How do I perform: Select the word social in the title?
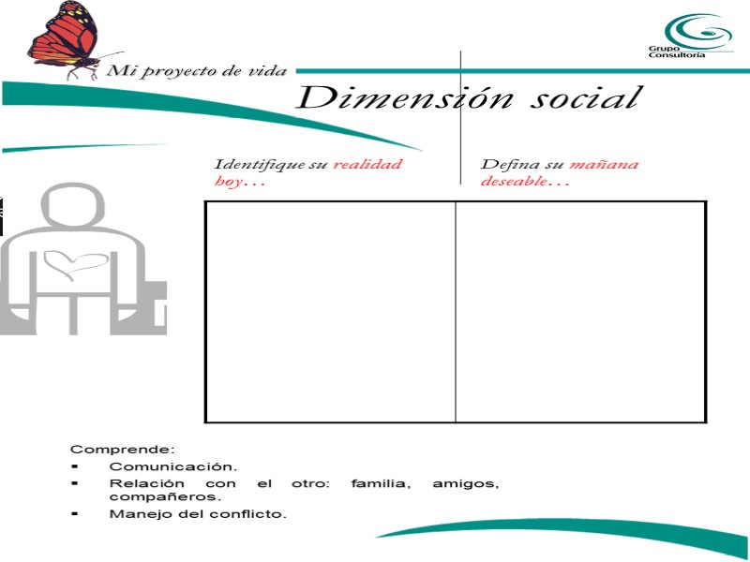pyautogui.click(x=582, y=97)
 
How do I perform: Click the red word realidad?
pyautogui.click(x=367, y=164)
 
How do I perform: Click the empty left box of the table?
pyautogui.click(x=330, y=311)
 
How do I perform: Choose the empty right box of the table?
pyautogui.click(x=580, y=311)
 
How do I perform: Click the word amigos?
pyautogui.click(x=465, y=483)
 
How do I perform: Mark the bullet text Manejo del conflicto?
pyautogui.click(x=198, y=513)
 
